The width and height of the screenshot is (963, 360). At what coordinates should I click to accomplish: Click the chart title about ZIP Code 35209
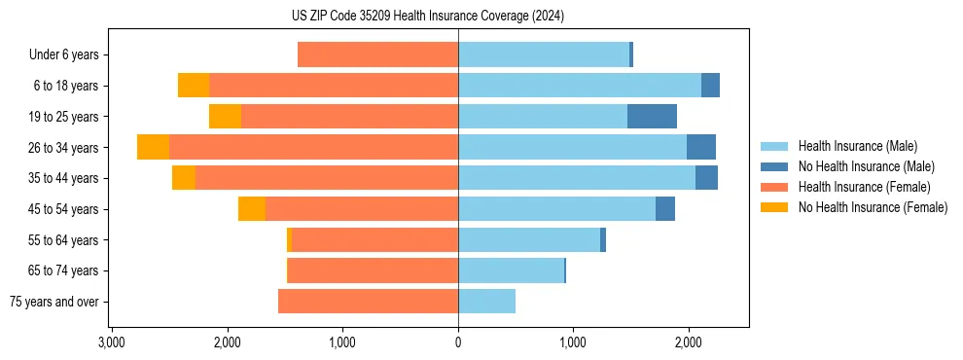pyautogui.click(x=427, y=17)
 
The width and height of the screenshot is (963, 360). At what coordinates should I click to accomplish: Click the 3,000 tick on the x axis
pyautogui.click(x=112, y=342)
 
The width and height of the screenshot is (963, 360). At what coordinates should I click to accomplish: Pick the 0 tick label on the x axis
pyautogui.click(x=458, y=342)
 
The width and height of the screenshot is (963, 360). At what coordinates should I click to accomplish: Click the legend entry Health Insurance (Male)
pyautogui.click(x=857, y=146)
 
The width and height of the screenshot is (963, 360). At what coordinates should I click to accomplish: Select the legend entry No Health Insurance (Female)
pyautogui.click(x=873, y=207)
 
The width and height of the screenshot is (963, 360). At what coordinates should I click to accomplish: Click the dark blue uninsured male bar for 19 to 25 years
pyautogui.click(x=652, y=117)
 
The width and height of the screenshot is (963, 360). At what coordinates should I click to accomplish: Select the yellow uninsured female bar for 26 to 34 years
pyautogui.click(x=153, y=147)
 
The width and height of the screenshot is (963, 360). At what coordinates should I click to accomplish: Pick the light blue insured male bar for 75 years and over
pyautogui.click(x=486, y=302)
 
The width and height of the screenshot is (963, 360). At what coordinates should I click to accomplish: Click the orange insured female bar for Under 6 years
pyautogui.click(x=377, y=54)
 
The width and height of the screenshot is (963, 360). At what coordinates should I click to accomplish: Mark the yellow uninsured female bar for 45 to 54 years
pyautogui.click(x=252, y=209)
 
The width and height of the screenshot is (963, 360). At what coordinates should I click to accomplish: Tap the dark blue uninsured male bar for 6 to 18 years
pyautogui.click(x=710, y=86)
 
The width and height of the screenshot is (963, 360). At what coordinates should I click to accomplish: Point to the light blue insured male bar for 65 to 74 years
pyautogui.click(x=511, y=270)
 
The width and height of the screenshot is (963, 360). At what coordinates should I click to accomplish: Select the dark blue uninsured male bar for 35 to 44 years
pyautogui.click(x=706, y=178)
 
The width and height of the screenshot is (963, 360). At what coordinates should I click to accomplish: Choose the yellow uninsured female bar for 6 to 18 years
pyautogui.click(x=194, y=86)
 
